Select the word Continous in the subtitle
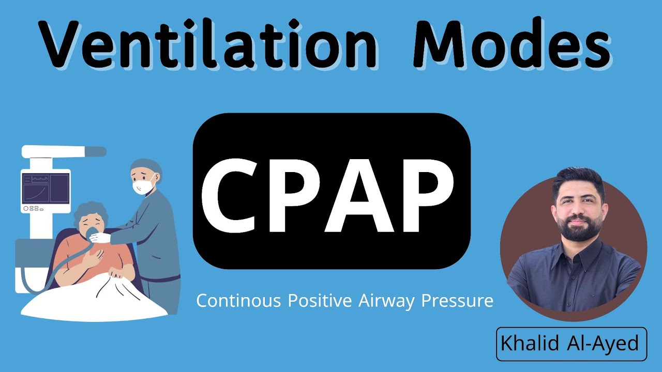(235, 301)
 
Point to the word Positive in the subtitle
(316, 301)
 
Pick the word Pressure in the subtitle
(457, 301)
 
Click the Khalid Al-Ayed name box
(571, 344)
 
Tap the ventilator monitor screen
(46, 189)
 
